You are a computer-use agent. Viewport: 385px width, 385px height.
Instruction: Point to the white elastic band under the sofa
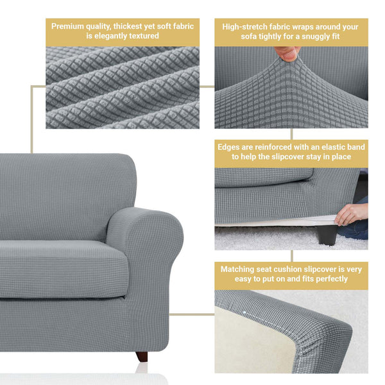276,220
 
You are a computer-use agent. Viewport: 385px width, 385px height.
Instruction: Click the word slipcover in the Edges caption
281,156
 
